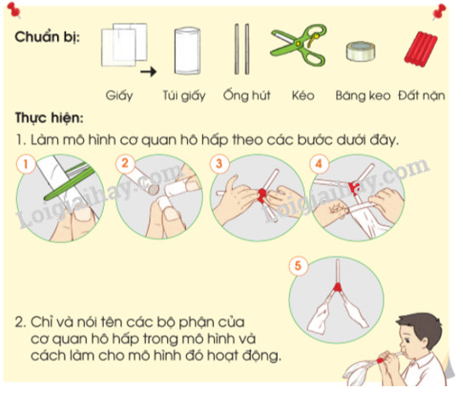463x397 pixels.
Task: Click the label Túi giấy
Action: click(x=188, y=94)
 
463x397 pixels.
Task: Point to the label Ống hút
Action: click(x=243, y=94)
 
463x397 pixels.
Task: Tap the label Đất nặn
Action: click(x=421, y=94)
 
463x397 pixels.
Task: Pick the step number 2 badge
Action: click(x=127, y=162)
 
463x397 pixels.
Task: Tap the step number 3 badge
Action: click(x=222, y=162)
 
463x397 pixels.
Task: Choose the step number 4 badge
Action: click(x=317, y=162)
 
